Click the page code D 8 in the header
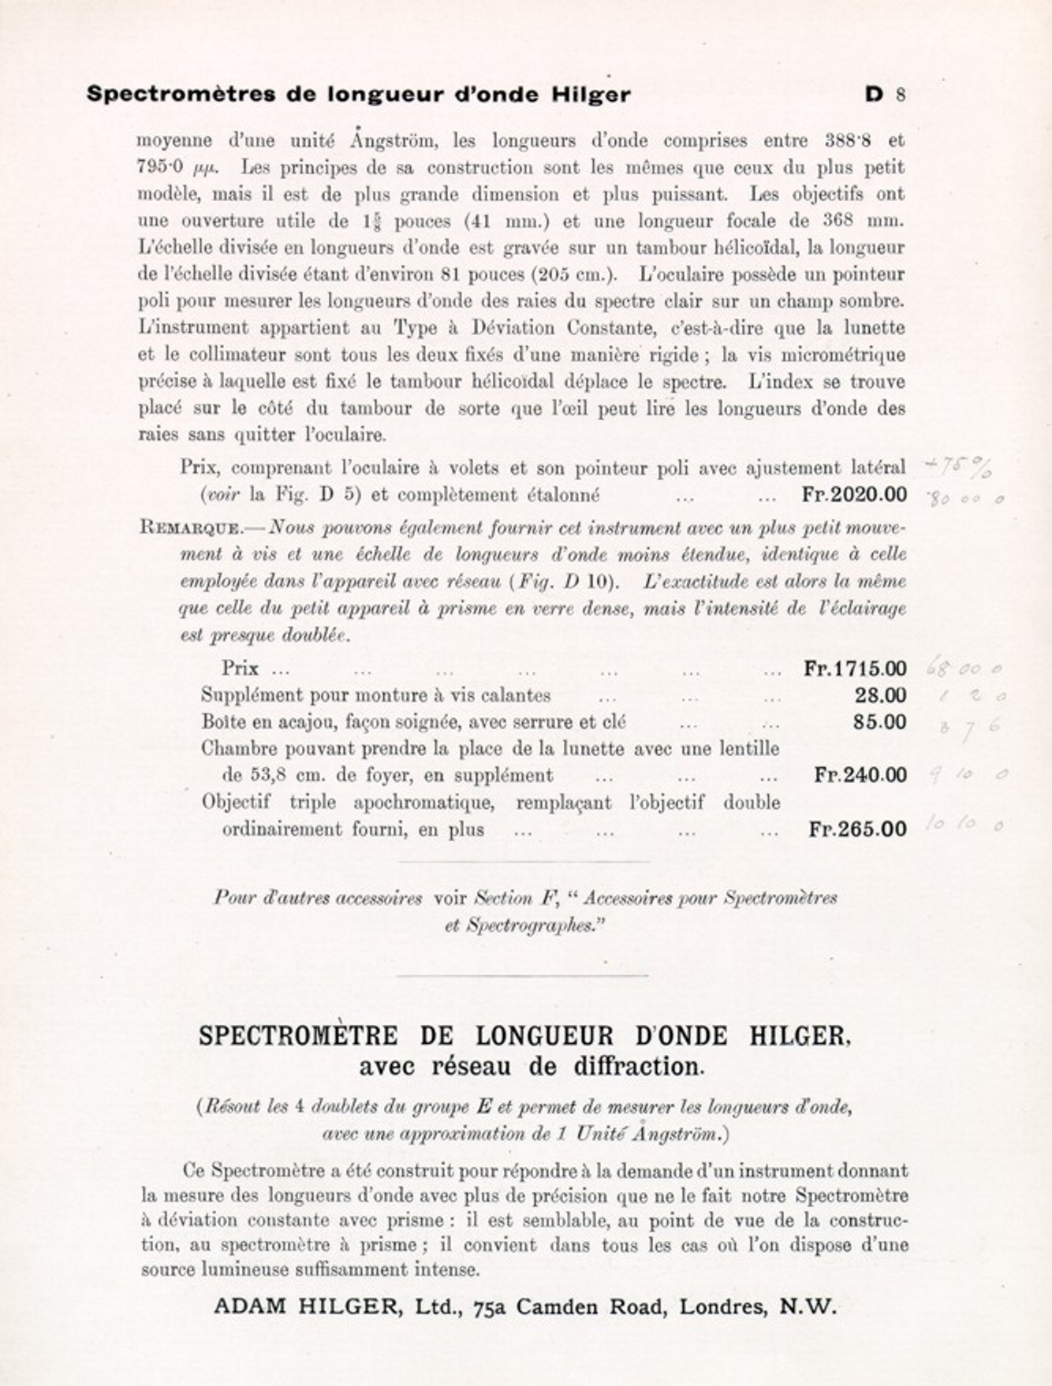click(885, 95)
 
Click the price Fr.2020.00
click(854, 495)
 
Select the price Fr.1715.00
click(855, 669)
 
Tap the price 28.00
click(880, 695)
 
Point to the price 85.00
click(879, 722)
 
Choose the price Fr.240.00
click(860, 775)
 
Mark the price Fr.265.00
click(857, 829)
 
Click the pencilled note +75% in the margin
click(958, 467)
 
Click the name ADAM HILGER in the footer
click(305, 1306)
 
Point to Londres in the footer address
click(722, 1306)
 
